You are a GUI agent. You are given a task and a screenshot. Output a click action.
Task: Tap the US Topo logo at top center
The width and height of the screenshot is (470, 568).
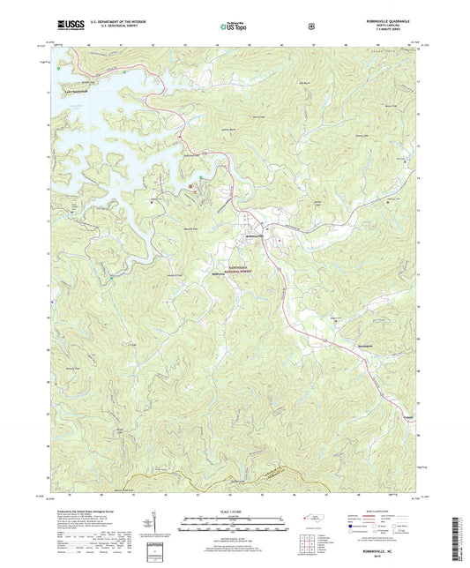coord(234,28)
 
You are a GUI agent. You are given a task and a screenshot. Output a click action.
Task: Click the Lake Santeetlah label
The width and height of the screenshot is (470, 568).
coord(77,90)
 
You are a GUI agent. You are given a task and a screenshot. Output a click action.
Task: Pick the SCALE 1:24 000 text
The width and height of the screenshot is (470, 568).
coord(234,512)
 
